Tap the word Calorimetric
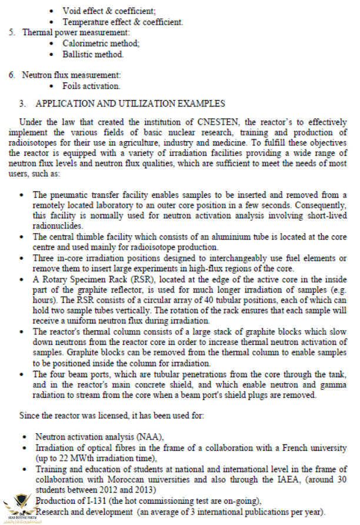click(x=82, y=44)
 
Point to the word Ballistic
click(x=78, y=54)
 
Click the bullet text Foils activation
click(x=91, y=86)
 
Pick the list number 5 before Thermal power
click(x=12, y=32)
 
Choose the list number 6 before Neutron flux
click(x=12, y=75)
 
